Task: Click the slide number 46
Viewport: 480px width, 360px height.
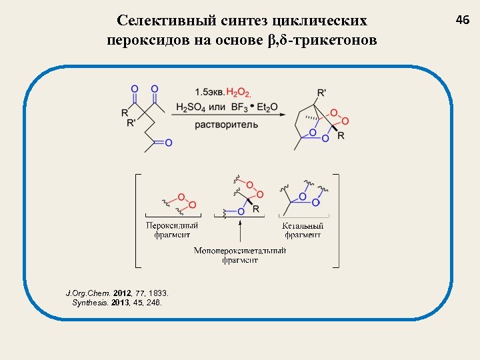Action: click(x=463, y=21)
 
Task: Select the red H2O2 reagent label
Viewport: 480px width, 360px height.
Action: click(x=239, y=92)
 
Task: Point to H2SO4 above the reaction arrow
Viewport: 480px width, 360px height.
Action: click(x=190, y=107)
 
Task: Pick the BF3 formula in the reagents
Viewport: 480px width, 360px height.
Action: click(x=239, y=107)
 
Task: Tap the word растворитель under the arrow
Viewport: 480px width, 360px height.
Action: click(x=227, y=125)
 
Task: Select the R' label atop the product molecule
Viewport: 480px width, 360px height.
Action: click(x=322, y=93)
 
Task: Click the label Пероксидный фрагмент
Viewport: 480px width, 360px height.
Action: click(x=173, y=230)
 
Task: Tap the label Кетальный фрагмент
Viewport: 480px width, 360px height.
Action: click(x=303, y=230)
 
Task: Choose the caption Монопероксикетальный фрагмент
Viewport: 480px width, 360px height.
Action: click(x=240, y=255)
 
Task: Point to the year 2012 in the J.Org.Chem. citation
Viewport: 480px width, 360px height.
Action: click(x=123, y=293)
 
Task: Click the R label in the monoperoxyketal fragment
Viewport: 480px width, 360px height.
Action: click(x=257, y=209)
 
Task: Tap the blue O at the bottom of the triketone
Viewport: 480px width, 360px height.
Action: click(x=168, y=143)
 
